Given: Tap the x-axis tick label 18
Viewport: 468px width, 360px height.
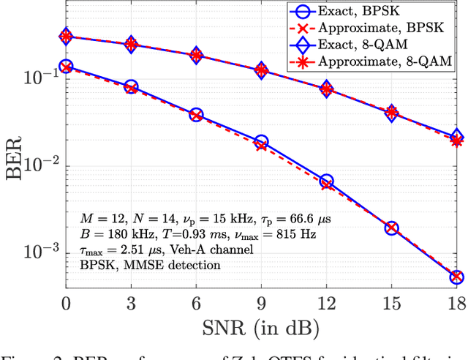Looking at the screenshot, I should point(456,301).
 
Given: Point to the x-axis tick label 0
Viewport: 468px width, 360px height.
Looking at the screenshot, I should point(67,301).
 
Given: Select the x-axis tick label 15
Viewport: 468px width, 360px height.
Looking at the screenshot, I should point(391,301).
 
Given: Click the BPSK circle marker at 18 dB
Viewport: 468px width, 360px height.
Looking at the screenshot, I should point(456,277).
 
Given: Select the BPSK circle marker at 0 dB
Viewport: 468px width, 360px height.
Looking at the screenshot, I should point(67,67).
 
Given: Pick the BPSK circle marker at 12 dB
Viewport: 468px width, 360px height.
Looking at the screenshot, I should point(326,181).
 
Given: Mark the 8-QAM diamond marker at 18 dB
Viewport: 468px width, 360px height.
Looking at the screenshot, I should point(456,137).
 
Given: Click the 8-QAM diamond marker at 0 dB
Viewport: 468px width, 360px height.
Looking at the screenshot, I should point(67,36).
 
